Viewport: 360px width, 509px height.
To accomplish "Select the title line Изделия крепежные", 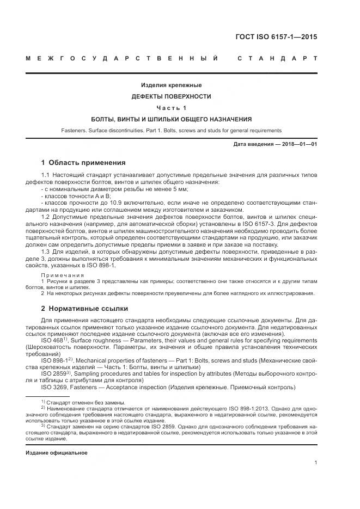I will pyautogui.click(x=172, y=85).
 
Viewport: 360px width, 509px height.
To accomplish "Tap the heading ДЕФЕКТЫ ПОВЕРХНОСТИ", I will pyautogui.click(x=172, y=96).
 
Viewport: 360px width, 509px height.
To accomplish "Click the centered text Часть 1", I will pyautogui.click(x=172, y=108).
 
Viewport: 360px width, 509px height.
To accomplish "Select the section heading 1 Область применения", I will pyautogui.click(x=83, y=163).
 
